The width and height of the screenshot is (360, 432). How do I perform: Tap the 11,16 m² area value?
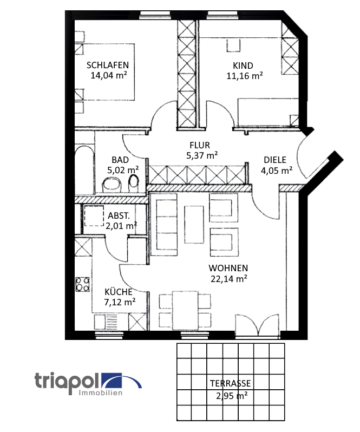click(x=245, y=76)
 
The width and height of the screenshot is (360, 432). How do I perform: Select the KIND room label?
click(x=244, y=66)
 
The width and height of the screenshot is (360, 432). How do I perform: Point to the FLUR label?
click(x=199, y=145)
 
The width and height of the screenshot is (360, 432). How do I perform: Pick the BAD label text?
click(x=120, y=160)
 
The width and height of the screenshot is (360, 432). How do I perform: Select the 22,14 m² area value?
click(x=229, y=279)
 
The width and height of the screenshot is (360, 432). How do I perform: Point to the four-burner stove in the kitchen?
click(x=83, y=284)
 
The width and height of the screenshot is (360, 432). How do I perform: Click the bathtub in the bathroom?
click(x=83, y=168)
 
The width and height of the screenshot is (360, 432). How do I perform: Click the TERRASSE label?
click(x=230, y=384)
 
